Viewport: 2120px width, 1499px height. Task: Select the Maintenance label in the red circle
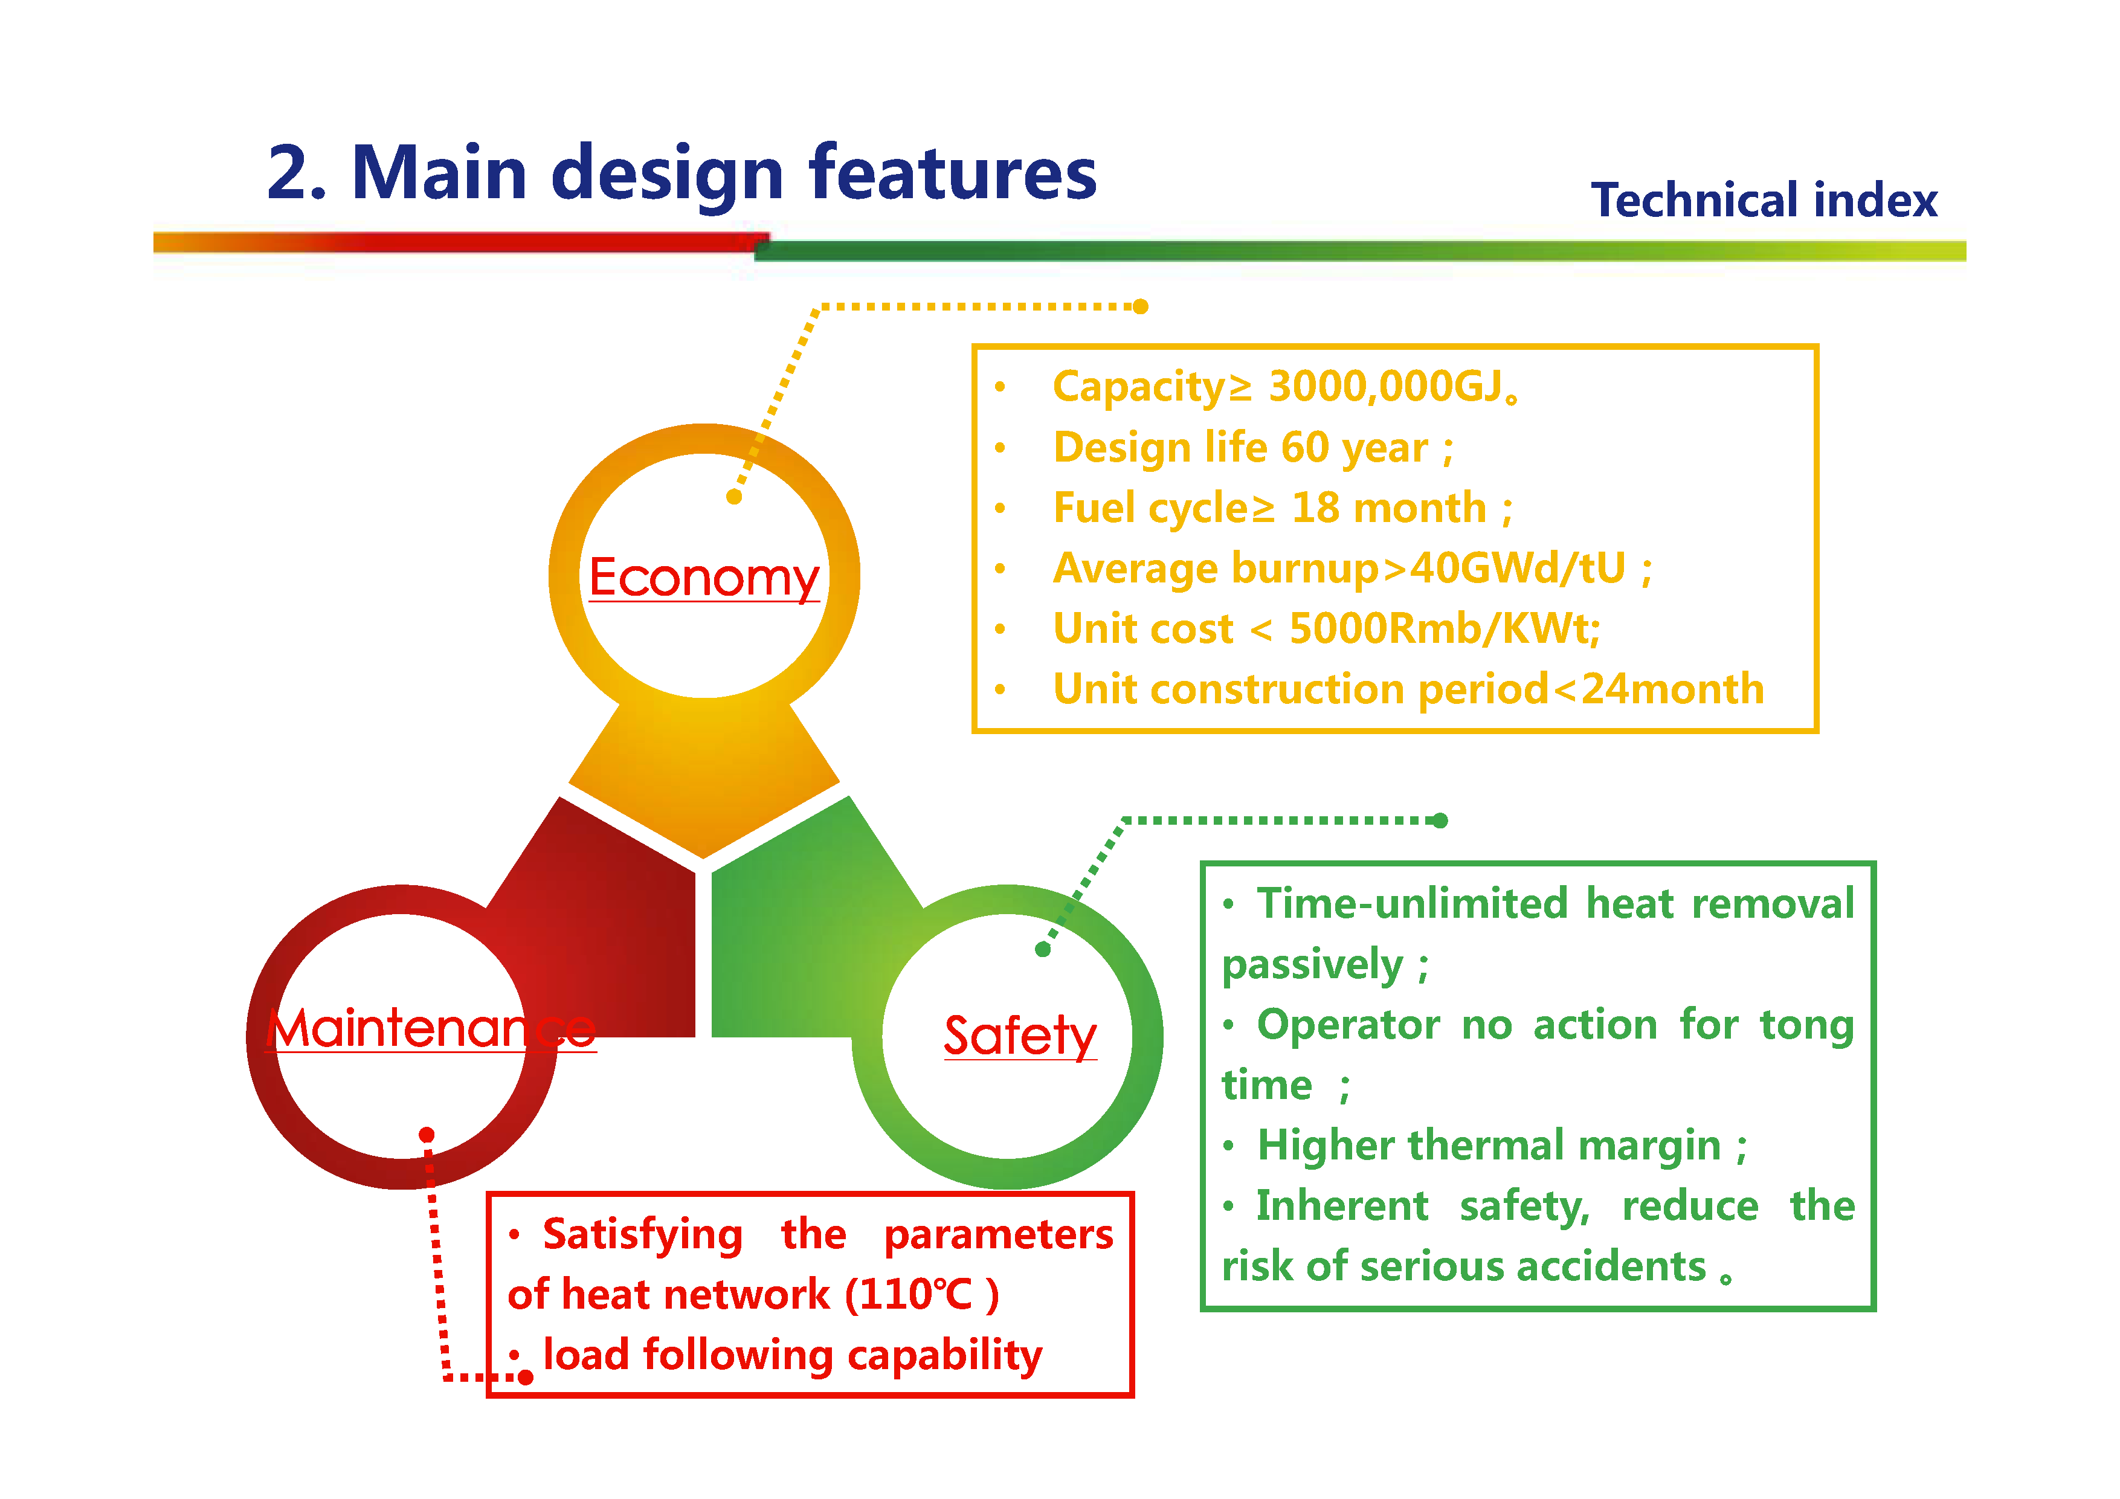coord(431,1028)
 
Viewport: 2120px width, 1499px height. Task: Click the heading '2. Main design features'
coord(681,173)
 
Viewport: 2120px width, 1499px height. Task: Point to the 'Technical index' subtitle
coord(1763,201)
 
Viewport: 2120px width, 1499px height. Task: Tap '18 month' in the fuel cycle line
coord(1389,508)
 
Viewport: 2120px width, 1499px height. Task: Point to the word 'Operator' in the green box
coord(1347,1024)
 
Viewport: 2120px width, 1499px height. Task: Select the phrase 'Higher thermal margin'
coord(1489,1146)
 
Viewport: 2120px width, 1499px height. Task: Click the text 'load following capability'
coord(792,1355)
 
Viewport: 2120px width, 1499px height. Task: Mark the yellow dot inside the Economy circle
coord(734,497)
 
